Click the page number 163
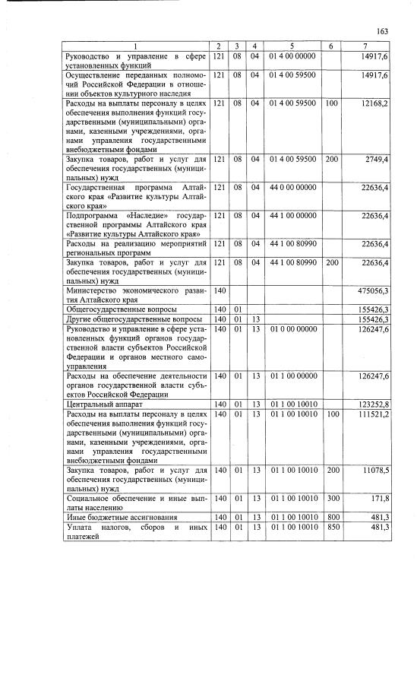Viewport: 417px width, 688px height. pos(382,31)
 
